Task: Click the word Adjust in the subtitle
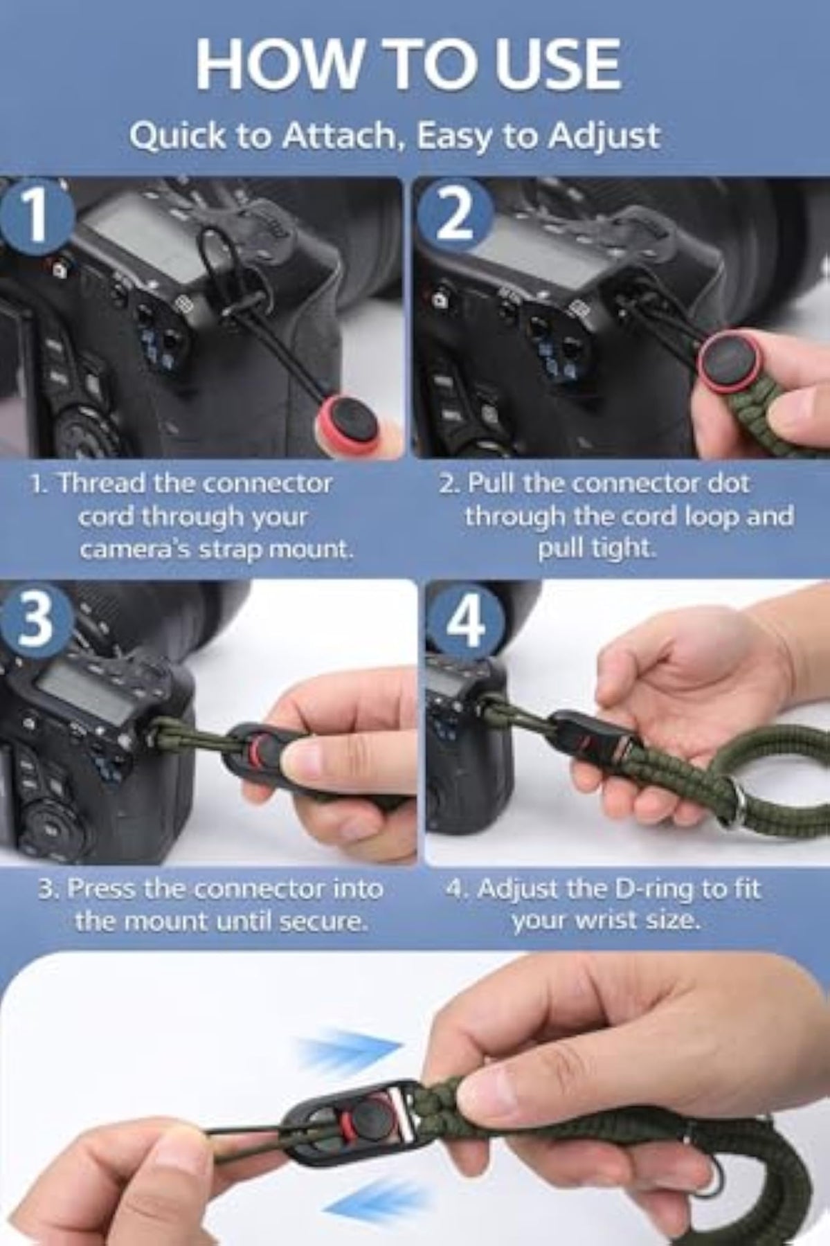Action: tap(604, 136)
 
